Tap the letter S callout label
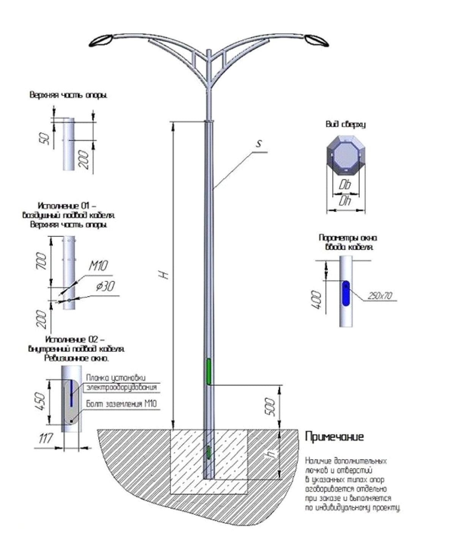tap(259, 144)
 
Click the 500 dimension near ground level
tap(269, 406)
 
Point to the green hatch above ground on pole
tap(209, 371)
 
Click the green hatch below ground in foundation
tap(209, 452)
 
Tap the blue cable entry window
tap(346, 293)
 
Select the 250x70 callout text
tap(380, 296)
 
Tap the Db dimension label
tap(345, 185)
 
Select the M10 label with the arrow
tap(98, 266)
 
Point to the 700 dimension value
tap(42, 262)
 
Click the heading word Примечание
tap(334, 437)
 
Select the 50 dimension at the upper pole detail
tap(45, 138)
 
